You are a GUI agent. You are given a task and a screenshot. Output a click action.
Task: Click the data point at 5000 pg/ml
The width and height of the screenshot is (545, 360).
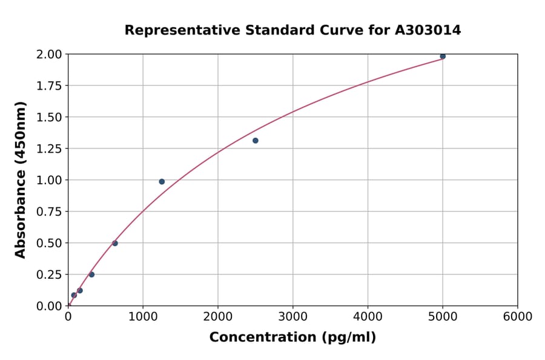(443, 56)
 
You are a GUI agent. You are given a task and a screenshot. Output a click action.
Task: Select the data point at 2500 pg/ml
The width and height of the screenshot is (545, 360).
(256, 141)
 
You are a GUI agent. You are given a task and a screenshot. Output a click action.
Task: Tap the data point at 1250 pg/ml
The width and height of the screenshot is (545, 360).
(162, 182)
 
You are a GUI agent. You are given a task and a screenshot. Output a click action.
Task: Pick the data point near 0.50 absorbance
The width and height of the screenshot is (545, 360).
(115, 244)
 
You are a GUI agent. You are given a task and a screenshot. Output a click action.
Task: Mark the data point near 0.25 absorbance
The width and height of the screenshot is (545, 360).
(91, 275)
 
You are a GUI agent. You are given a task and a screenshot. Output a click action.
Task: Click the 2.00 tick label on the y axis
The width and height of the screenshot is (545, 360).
(49, 55)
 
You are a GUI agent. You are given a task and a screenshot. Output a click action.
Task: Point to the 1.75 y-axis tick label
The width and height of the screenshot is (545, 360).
(49, 86)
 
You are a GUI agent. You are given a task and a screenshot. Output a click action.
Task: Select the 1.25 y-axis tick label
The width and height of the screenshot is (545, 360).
(49, 148)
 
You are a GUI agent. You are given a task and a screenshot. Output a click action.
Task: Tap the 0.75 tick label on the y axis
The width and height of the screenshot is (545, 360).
(49, 212)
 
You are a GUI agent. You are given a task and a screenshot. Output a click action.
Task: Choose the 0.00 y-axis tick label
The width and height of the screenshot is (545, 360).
(49, 306)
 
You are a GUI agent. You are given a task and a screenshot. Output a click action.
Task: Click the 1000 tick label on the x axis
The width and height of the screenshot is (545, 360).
(143, 317)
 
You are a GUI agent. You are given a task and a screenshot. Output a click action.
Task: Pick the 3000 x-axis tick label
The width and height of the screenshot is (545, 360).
(293, 317)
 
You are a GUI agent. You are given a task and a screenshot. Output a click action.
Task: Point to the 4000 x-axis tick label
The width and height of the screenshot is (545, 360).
(368, 317)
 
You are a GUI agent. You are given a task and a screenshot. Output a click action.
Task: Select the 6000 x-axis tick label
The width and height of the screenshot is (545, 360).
(518, 317)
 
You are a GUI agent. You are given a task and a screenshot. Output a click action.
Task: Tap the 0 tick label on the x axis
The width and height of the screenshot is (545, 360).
(68, 317)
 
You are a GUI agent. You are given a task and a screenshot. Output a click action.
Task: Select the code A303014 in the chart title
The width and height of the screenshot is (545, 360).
(428, 30)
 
